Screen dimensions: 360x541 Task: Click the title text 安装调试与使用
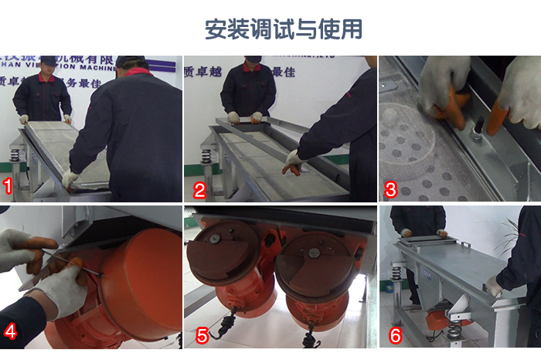(283, 29)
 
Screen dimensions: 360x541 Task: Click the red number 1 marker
(9, 186)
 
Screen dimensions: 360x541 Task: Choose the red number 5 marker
(202, 335)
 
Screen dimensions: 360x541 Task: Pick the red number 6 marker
(395, 335)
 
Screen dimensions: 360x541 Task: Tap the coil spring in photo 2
(206, 156)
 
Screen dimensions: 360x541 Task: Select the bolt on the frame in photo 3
(477, 124)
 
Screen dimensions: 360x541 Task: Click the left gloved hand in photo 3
(445, 89)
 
